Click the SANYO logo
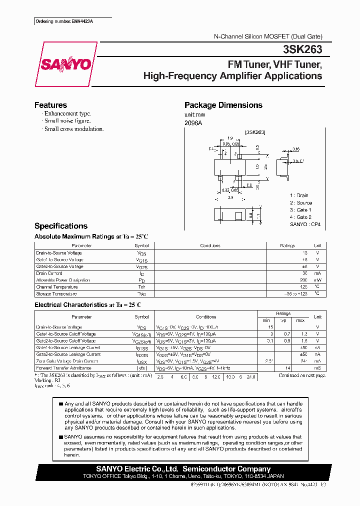(x=66, y=65)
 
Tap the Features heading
(x=50, y=105)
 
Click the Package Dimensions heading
(x=223, y=105)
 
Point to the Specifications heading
(x=60, y=226)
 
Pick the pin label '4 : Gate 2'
(x=300, y=217)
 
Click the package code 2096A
(x=193, y=122)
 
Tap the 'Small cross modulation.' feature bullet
(x=73, y=129)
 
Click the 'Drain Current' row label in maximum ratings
(x=49, y=273)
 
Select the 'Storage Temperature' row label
(x=57, y=294)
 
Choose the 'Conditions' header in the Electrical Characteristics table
(x=206, y=317)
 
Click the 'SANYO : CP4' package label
(x=304, y=225)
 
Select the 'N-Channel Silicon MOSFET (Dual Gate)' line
(x=267, y=36)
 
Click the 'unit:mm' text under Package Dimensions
(x=195, y=114)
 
